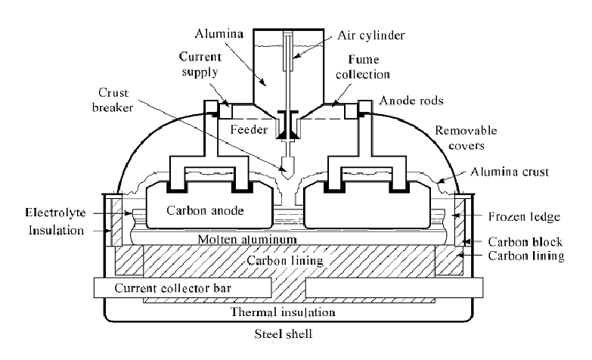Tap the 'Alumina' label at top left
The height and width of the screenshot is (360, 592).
215,33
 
